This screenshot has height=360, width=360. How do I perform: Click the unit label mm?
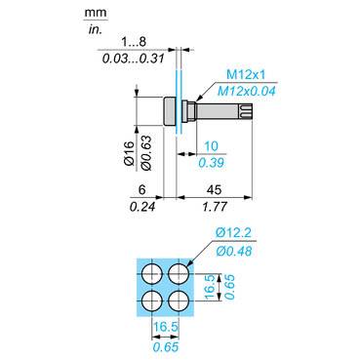pyautogui.click(x=96, y=13)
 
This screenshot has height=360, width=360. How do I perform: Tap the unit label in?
pyautogui.click(x=95, y=30)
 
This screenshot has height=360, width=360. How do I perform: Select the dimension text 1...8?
pyautogui.click(x=134, y=42)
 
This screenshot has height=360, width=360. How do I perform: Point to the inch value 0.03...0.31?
pyautogui.click(x=134, y=59)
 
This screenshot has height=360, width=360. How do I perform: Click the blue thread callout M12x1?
pyautogui.click(x=246, y=74)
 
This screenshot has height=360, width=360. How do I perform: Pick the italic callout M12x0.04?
pyautogui.click(x=246, y=91)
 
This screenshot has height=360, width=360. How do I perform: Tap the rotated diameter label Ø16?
pyautogui.click(x=129, y=153)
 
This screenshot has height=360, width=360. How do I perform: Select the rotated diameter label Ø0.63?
pyautogui.click(x=146, y=153)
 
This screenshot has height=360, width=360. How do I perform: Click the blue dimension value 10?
pyautogui.click(x=211, y=146)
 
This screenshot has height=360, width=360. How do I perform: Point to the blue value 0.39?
pyautogui.click(x=211, y=163)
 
